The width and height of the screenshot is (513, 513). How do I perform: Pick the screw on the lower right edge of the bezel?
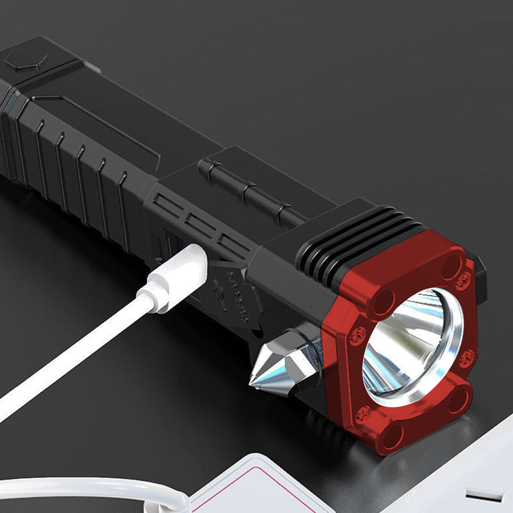[x=466, y=358]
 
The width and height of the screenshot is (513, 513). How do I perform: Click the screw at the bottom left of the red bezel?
[x=363, y=414]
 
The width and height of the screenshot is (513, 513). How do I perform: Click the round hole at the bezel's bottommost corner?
[x=391, y=436]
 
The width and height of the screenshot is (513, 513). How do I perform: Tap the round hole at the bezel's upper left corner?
[x=383, y=301]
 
